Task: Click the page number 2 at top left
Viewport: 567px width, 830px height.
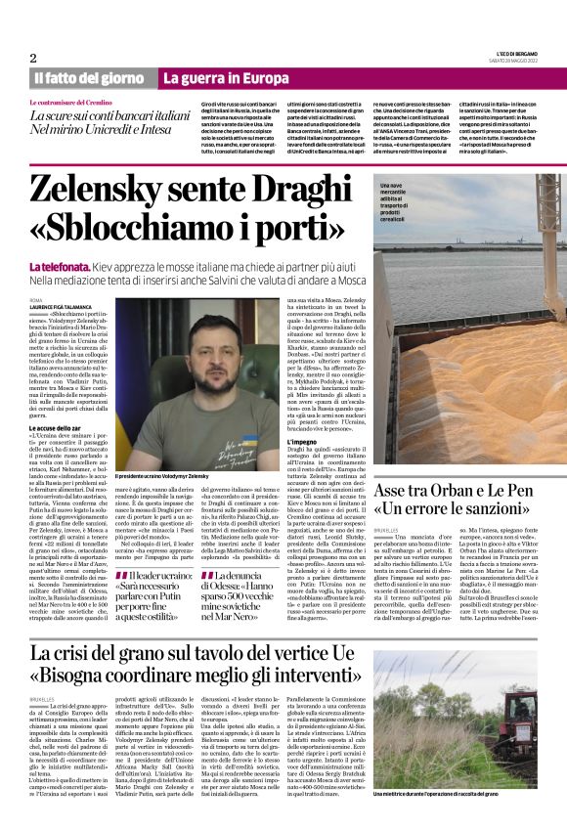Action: pos(33,58)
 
